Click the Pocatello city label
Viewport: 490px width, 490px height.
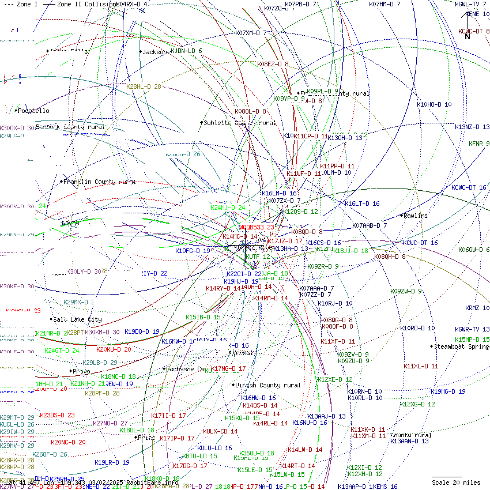(33, 111)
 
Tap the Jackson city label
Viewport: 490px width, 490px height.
(154, 52)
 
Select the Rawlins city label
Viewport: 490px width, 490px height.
(416, 216)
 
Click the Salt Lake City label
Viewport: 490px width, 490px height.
(78, 319)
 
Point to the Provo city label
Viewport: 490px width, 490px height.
(81, 371)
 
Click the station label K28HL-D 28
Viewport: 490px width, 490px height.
(144, 86)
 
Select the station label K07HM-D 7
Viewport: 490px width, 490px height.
(393, 4)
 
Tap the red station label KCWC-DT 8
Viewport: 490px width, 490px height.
(474, 31)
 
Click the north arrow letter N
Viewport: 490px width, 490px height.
(468, 37)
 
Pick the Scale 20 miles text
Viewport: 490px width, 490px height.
(456, 483)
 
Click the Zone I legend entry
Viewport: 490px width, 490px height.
(24, 4)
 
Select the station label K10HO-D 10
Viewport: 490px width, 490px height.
(434, 105)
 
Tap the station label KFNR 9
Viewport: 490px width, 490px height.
(479, 144)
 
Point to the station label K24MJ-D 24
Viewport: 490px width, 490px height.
(227, 208)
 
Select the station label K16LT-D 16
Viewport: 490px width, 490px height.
(362, 203)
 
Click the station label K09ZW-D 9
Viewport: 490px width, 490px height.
(406, 292)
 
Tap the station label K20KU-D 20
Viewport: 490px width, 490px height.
(114, 349)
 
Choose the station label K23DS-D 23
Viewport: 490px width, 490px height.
(57, 415)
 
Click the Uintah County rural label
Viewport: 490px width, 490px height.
(269, 385)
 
